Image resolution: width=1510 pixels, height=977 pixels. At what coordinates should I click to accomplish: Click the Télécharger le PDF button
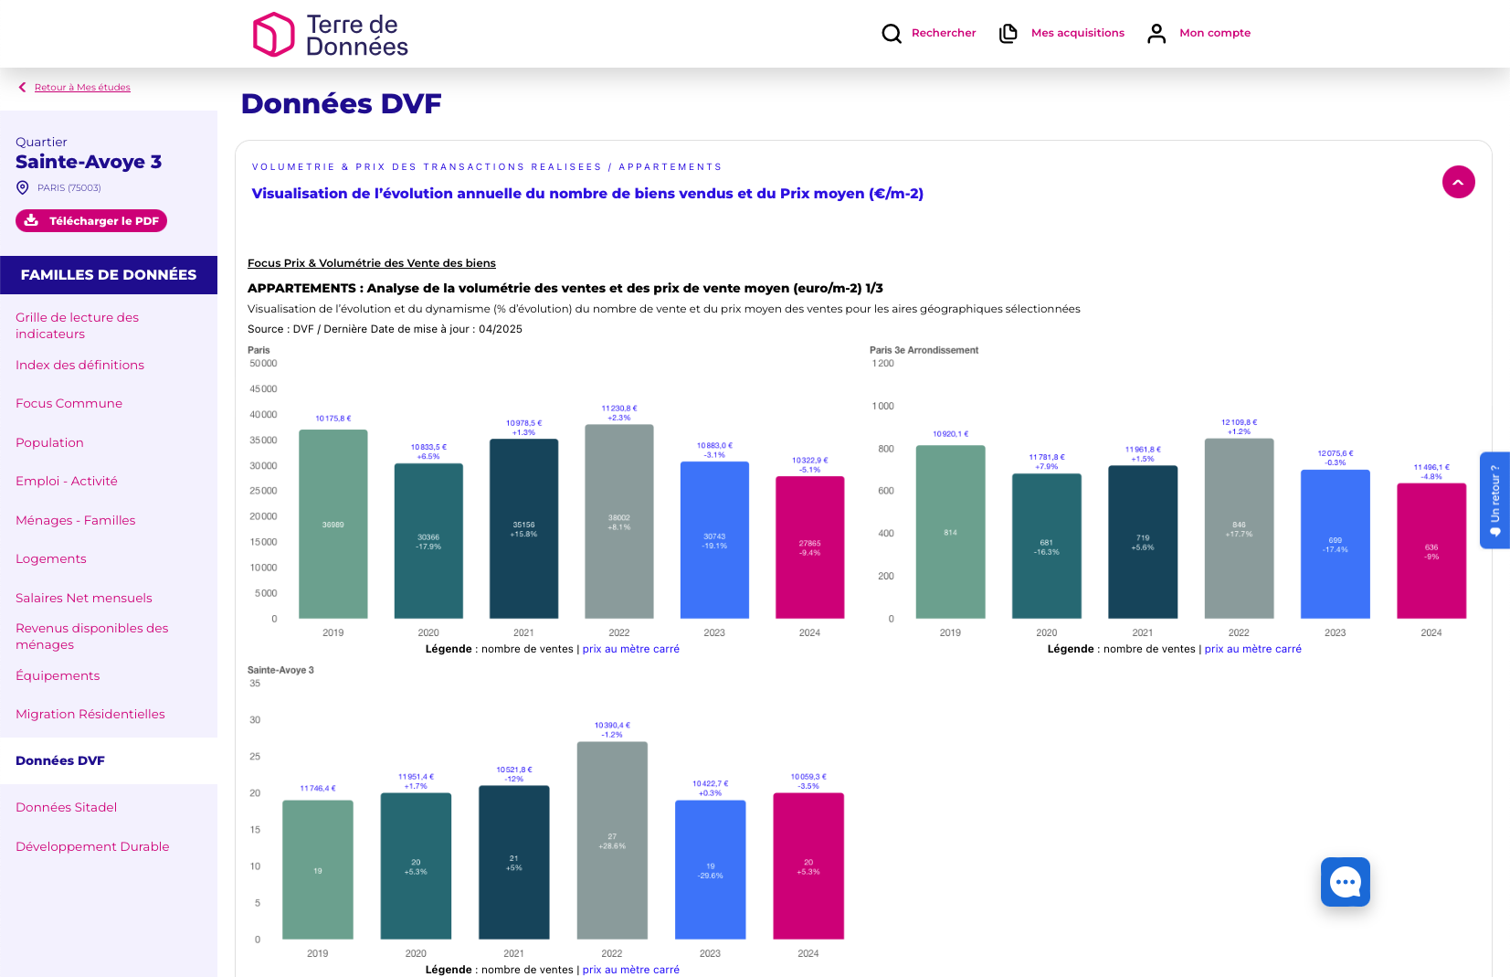coord(91,221)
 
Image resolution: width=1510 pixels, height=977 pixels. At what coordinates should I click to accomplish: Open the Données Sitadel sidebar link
coord(67,808)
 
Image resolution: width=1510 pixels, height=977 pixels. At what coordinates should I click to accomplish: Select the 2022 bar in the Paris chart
coord(619,521)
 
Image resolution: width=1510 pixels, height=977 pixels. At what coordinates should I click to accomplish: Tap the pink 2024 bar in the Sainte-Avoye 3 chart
coord(808,865)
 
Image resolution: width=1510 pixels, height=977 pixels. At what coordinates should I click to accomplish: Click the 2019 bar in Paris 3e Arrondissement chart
coord(950,532)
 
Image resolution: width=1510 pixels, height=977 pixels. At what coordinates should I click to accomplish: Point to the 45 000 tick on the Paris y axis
coord(263,389)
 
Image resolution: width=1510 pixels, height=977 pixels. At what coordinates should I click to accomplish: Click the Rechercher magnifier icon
coord(892,34)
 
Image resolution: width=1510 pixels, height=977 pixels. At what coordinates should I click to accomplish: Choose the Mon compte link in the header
coord(1214,33)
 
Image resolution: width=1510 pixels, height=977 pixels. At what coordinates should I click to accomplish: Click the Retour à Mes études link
coord(82,88)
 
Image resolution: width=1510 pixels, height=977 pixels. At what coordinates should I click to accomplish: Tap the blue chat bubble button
coord(1345,882)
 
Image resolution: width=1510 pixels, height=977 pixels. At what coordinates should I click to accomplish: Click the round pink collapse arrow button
coord(1458,182)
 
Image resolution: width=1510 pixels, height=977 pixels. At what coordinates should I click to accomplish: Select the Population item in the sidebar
coord(49,443)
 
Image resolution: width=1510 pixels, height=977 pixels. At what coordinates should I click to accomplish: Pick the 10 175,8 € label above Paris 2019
coord(333,419)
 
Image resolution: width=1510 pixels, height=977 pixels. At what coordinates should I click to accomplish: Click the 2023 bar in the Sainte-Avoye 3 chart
coord(711,869)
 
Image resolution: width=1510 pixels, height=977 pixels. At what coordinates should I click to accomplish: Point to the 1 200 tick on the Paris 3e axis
coord(883,364)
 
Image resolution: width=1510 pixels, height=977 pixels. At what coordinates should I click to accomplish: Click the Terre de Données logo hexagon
coord(273,35)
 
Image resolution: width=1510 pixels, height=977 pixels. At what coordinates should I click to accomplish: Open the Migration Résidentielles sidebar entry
coord(90,715)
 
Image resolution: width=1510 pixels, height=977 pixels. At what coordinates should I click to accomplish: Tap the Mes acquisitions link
coord(1077,33)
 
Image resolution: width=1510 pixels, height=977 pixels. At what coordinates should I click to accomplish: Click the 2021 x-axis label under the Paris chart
coord(523,632)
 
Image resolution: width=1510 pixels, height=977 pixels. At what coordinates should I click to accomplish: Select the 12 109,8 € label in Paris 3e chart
coord(1239,422)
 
